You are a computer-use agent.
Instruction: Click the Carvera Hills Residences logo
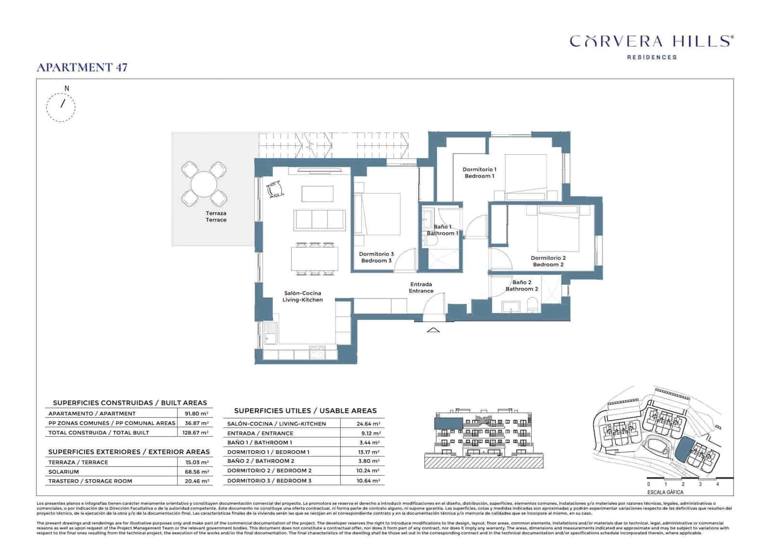[x=651, y=46]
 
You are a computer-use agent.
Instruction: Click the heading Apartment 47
[x=82, y=67]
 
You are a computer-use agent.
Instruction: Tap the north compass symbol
[x=61, y=106]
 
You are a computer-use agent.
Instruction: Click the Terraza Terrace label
[x=216, y=216]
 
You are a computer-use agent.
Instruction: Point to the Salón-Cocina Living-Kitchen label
[x=302, y=296]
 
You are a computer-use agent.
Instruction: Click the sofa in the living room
[x=320, y=220]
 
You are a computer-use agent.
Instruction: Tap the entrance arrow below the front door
[x=433, y=330]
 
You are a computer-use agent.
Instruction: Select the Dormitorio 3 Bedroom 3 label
[x=376, y=257]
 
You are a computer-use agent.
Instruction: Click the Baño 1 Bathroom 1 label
[x=442, y=230]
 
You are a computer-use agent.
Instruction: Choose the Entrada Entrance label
[x=421, y=288]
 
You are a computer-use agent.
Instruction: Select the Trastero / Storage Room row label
[x=90, y=481]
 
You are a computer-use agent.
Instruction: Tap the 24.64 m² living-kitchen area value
[x=368, y=424]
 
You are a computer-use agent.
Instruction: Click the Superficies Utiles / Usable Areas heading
[x=305, y=411]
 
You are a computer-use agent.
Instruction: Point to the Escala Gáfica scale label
[x=665, y=492]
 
